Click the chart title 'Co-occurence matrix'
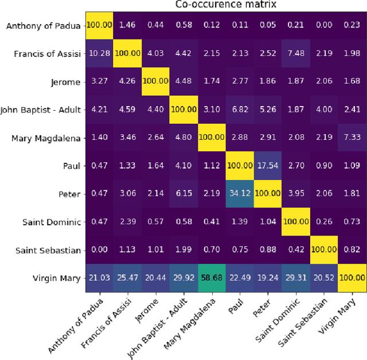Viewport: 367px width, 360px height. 226,5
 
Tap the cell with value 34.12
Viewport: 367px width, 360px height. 240,193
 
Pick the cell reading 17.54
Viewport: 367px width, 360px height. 268,165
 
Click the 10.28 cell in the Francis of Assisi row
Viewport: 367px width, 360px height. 100,53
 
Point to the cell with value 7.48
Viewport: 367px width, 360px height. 296,53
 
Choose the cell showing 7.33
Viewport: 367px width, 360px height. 352,137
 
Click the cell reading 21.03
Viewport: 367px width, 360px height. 100,277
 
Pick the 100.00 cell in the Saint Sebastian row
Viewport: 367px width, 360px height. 324,249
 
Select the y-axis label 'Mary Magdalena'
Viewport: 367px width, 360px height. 46,138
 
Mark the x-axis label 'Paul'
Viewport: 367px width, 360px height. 236,299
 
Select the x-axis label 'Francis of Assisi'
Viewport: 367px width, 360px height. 112,319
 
